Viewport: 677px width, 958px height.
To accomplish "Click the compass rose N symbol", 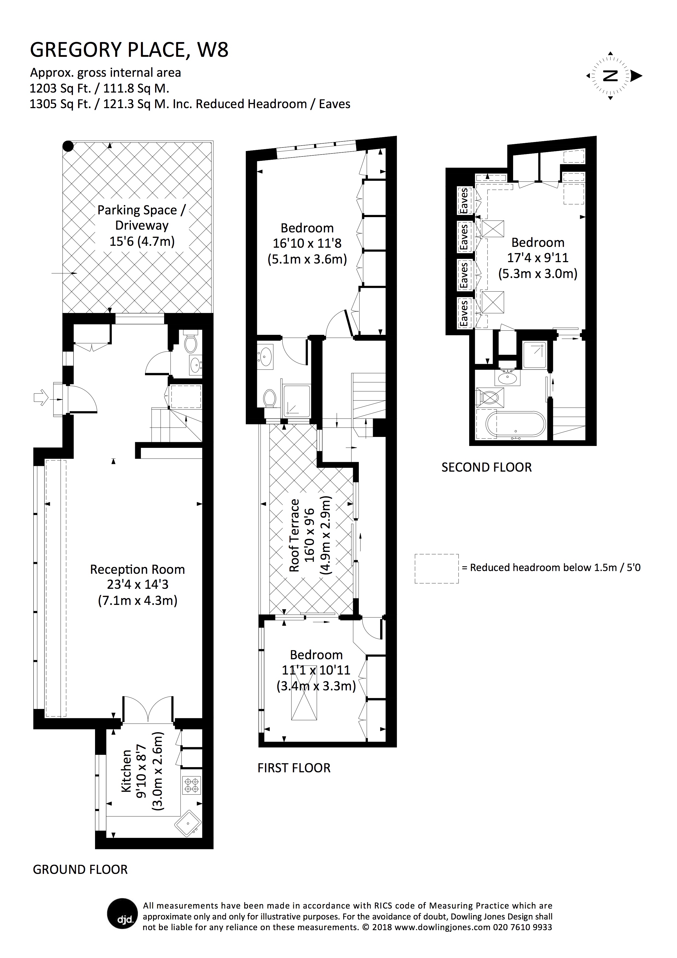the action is click(x=611, y=76).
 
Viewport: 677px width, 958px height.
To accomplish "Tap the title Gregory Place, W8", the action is click(x=129, y=50).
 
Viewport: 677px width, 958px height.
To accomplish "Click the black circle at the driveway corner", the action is click(x=68, y=146).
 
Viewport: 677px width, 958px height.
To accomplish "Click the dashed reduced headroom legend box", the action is click(x=437, y=568).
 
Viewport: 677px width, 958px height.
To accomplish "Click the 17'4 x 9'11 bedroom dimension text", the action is click(x=538, y=258).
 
